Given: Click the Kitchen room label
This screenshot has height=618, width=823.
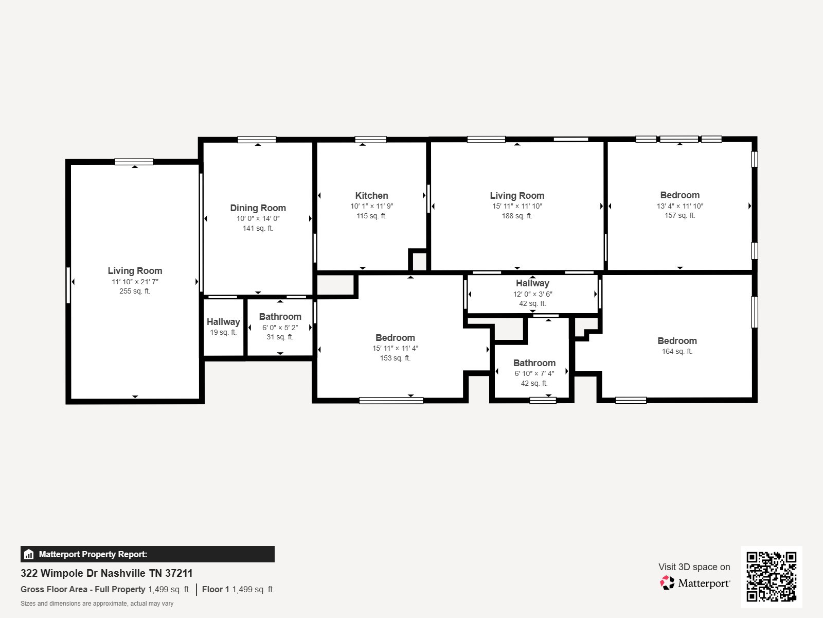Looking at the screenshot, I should [371, 196].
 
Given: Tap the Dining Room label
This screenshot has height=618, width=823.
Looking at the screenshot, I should [258, 208].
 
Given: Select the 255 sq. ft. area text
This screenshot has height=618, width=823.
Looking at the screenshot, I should [135, 291].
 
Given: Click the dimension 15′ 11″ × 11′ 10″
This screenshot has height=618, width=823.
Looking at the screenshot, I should [517, 206].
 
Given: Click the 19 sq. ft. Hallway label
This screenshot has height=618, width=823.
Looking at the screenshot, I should [223, 322].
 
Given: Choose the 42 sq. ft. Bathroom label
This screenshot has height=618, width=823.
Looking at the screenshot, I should [534, 363].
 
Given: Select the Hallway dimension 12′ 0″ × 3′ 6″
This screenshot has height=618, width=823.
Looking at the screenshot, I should [532, 294].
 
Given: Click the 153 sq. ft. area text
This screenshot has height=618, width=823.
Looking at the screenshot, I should [395, 358].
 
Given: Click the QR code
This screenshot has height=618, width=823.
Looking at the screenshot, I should [771, 576].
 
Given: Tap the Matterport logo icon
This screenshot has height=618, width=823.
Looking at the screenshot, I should [667, 583].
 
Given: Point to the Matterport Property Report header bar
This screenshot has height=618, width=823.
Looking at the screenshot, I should [147, 554].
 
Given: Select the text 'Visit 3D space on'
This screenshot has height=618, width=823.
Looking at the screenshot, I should [694, 567].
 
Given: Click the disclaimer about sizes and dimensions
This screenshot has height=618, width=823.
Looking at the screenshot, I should [97, 604].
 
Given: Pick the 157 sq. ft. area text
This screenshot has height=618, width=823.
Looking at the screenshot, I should [679, 215].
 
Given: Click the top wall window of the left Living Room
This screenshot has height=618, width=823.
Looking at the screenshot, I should [134, 162].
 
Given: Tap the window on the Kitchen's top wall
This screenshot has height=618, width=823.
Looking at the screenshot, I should [370, 140].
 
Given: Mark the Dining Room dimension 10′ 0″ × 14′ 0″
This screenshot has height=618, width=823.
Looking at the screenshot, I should [258, 218].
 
